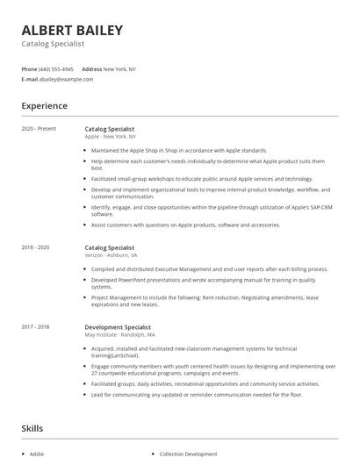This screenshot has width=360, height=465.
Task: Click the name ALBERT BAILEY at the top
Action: coord(72,30)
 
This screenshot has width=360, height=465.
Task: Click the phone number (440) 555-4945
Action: coord(57,68)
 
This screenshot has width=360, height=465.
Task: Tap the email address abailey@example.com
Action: coord(66,79)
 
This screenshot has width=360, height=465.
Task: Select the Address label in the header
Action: coord(91,68)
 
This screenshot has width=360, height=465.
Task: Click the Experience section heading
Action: coord(44,106)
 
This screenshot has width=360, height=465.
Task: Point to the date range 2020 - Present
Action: coord(39,129)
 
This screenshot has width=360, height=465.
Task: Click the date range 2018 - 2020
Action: coord(36,248)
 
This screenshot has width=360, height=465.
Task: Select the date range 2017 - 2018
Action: coord(36,326)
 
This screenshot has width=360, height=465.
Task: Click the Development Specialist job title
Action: coord(118,326)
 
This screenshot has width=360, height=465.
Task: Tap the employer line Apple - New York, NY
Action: coord(110,137)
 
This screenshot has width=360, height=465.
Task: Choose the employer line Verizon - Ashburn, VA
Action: coord(112,256)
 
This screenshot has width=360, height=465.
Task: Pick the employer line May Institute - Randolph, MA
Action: coord(120,334)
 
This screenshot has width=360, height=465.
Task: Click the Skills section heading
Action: coord(33,428)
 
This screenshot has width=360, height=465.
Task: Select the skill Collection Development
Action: coord(188,454)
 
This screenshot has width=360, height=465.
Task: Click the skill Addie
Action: coord(37,454)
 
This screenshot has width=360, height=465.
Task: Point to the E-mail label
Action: coord(29,79)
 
